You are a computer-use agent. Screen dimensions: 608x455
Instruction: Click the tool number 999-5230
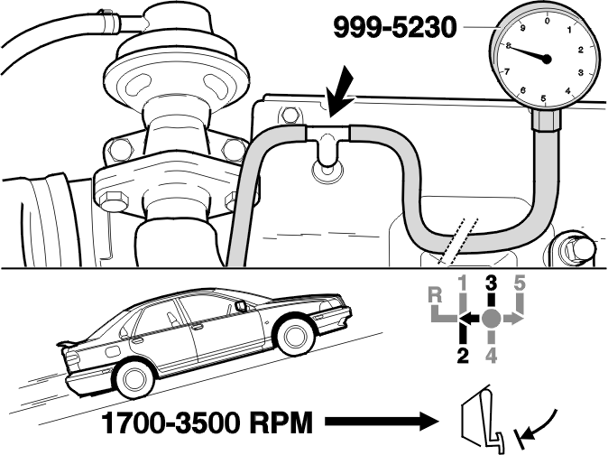pyautogui.click(x=395, y=28)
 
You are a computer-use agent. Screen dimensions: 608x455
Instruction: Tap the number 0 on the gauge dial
pyautogui.click(x=548, y=21)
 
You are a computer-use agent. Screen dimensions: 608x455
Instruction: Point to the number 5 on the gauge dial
pyautogui.click(x=543, y=98)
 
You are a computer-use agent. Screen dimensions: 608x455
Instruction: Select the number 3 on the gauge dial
pyautogui.click(x=581, y=72)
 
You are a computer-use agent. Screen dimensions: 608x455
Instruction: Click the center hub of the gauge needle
pyautogui.click(x=547, y=59)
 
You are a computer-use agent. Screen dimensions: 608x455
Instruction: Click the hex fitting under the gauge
pyautogui.click(x=546, y=120)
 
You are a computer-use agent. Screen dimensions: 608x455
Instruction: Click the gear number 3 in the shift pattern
pyautogui.click(x=491, y=283)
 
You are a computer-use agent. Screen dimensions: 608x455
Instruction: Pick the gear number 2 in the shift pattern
pyautogui.click(x=463, y=357)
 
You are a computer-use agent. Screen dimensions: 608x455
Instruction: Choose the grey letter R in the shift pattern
pyautogui.click(x=436, y=295)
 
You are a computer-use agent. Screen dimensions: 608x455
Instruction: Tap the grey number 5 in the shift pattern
pyautogui.click(x=520, y=283)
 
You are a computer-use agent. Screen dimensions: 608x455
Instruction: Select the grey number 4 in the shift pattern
pyautogui.click(x=491, y=357)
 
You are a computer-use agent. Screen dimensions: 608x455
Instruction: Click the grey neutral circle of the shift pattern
pyautogui.click(x=491, y=319)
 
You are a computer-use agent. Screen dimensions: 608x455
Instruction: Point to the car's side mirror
pyautogui.click(x=240, y=306)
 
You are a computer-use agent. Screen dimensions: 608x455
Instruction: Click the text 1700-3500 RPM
pyautogui.click(x=207, y=423)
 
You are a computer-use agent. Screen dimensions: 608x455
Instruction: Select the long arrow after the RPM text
pyautogui.click(x=382, y=422)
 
